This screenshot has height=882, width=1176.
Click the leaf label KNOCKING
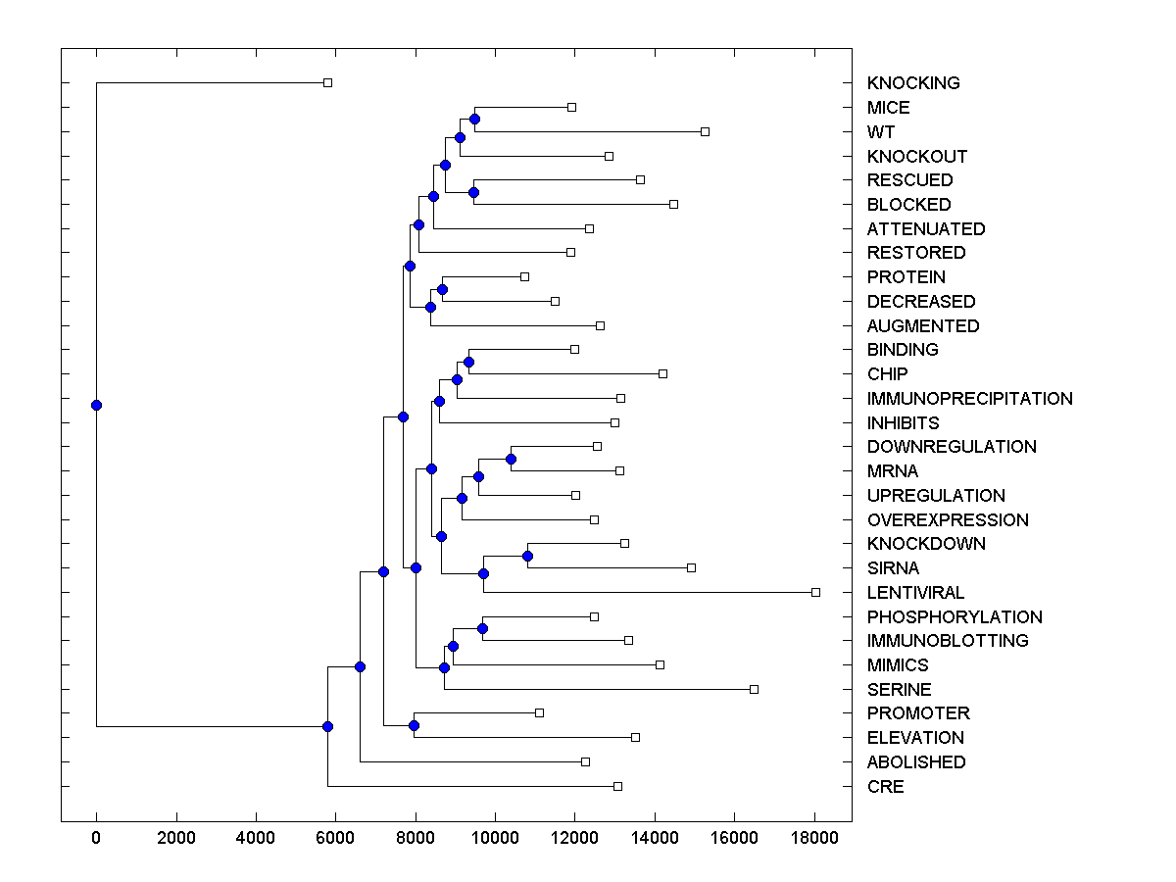click(x=912, y=83)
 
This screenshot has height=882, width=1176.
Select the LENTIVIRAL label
click(x=915, y=593)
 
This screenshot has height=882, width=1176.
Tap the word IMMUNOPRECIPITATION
click(x=969, y=399)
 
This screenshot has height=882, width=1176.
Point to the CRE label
click(x=885, y=787)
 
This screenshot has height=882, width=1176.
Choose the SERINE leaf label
click(x=899, y=690)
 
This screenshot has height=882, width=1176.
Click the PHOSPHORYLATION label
click(x=955, y=617)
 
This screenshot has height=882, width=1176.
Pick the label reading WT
click(x=881, y=132)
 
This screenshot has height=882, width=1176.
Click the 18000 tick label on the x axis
click(x=814, y=838)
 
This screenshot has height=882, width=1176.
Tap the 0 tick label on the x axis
click(x=96, y=838)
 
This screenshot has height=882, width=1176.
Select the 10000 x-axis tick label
click(x=495, y=838)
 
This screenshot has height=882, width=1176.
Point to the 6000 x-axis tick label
click(x=335, y=838)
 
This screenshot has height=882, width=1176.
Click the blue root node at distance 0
click(x=96, y=405)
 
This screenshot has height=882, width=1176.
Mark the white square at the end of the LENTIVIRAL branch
click(x=815, y=592)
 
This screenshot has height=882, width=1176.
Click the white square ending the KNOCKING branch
click(x=328, y=82)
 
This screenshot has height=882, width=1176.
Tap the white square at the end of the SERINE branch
click(x=754, y=689)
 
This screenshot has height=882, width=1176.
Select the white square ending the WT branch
click(x=705, y=131)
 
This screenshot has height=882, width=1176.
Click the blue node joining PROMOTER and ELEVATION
click(x=414, y=725)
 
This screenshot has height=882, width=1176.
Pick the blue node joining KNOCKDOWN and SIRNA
click(x=527, y=556)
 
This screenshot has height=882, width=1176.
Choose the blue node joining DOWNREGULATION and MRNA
click(x=511, y=459)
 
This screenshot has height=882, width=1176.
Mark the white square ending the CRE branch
click(x=617, y=786)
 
